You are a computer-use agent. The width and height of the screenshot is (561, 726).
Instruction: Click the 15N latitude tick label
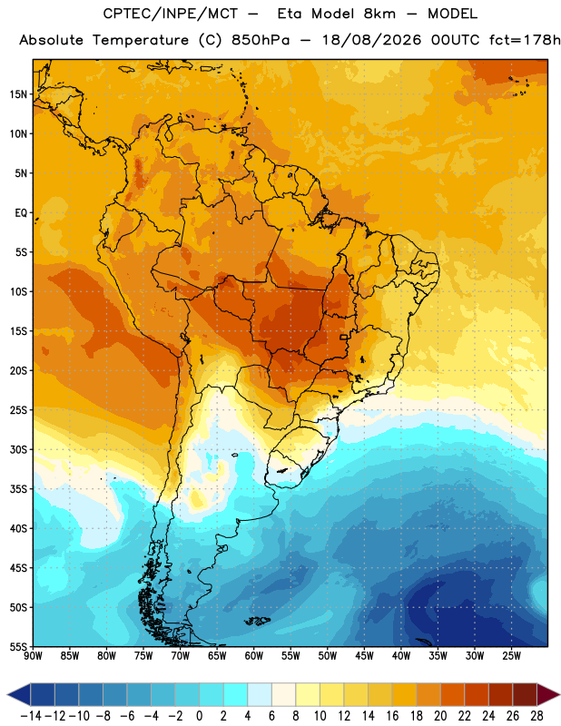pyautogui.click(x=18, y=94)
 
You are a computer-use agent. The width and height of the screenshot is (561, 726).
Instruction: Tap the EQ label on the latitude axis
pyautogui.click(x=21, y=213)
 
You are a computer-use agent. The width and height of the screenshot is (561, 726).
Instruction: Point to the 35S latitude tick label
pyautogui.click(x=18, y=489)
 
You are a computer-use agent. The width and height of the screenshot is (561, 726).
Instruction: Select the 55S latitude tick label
pyautogui.click(x=18, y=646)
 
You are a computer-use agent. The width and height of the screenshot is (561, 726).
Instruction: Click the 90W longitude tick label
pyautogui.click(x=33, y=656)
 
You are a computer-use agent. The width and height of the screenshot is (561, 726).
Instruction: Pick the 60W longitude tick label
pyautogui.click(x=254, y=656)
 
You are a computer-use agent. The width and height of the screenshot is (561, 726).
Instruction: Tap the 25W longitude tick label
pyautogui.click(x=511, y=656)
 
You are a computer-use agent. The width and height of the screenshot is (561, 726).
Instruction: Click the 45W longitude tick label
pyautogui.click(x=364, y=656)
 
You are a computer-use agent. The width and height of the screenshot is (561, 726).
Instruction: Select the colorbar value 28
pyautogui.click(x=536, y=716)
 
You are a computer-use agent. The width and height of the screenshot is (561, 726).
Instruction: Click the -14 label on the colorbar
pyautogui.click(x=31, y=716)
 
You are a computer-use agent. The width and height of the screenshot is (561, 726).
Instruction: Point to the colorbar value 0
pyautogui.click(x=200, y=716)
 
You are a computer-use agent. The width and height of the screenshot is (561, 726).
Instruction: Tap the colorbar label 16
pyautogui.click(x=392, y=716)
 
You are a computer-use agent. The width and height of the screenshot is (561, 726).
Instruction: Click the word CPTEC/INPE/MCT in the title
pyautogui.click(x=171, y=14)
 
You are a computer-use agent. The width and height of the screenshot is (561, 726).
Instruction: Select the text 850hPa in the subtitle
pyautogui.click(x=261, y=40)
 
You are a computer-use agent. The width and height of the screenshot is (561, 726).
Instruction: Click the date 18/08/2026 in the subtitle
pyautogui.click(x=371, y=40)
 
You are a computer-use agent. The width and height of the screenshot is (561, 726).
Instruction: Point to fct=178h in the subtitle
pyautogui.click(x=525, y=40)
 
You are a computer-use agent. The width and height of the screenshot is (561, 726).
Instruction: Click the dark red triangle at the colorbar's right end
pyautogui.click(x=546, y=694)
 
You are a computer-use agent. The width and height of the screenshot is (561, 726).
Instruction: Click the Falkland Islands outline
pyautogui.click(x=258, y=621)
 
